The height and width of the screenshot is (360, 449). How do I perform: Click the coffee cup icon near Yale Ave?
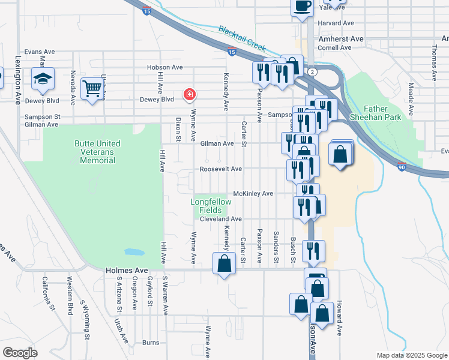point(302,6)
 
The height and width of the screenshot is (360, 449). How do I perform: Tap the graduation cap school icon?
point(43,80)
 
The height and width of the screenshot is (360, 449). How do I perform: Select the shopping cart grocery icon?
point(92,89)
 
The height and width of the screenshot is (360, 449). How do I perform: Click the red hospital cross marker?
point(190,94)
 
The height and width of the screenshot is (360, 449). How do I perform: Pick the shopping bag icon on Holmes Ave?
point(224,263)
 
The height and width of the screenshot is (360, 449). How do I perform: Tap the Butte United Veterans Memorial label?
point(97,152)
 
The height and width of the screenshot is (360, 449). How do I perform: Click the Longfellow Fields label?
point(211,206)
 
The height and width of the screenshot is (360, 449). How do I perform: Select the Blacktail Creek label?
point(242,37)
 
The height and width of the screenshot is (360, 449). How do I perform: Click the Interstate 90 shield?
point(402,168)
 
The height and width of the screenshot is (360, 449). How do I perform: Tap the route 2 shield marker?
point(313,71)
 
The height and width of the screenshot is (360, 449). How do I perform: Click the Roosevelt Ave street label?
point(221,169)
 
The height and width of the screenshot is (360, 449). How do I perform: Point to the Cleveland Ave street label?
point(220,220)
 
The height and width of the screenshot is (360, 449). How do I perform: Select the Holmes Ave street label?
point(126,271)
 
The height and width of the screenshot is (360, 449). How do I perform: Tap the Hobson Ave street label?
point(165,67)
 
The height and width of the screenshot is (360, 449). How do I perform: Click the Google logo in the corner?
point(20,352)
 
